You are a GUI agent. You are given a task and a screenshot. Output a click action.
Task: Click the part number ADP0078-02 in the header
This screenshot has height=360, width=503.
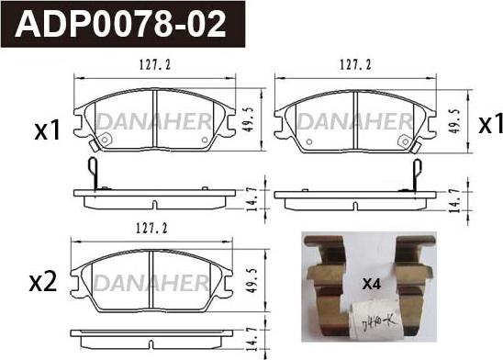point(128,25)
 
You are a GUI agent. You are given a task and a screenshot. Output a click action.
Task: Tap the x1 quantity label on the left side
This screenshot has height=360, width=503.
point(47,130)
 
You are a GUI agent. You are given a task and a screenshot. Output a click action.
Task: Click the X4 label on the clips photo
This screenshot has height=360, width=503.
point(371,285)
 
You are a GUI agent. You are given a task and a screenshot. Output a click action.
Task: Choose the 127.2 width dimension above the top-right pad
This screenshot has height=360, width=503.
point(354,65)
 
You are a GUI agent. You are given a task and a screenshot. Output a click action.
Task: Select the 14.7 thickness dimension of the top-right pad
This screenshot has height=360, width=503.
point(454,198)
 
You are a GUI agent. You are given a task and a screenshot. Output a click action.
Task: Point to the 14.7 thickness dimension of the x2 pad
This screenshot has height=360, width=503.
point(251,343)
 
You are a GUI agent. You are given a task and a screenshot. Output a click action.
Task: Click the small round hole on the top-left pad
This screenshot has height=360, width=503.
point(104,141)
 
